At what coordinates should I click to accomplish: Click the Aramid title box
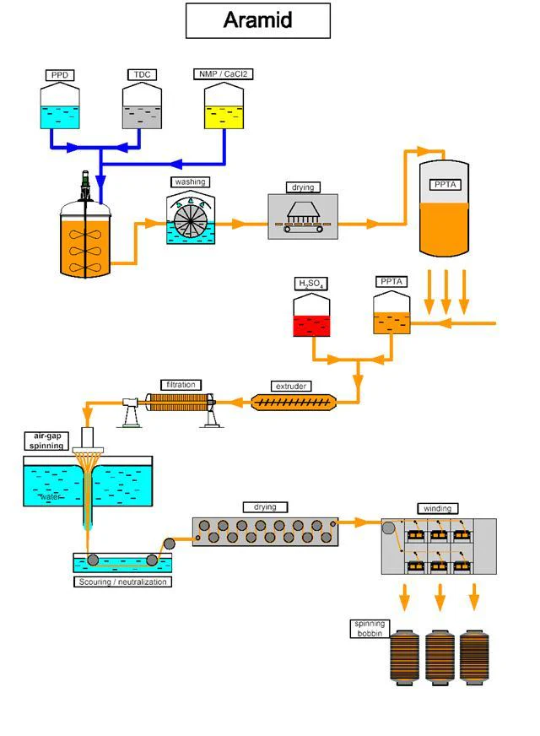(257, 20)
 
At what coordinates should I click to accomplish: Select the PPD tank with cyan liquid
(61, 107)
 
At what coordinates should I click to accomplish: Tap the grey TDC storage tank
(142, 107)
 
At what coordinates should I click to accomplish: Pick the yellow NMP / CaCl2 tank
(224, 107)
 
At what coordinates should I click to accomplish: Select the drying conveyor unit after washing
(302, 218)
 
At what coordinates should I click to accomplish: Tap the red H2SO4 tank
(311, 316)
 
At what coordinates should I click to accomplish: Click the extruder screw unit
(292, 403)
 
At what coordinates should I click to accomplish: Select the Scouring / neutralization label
(123, 582)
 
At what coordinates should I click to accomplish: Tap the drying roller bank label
(264, 507)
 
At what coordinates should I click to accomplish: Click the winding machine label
(437, 508)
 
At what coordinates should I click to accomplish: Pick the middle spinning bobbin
(440, 658)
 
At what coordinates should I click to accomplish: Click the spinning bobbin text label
(369, 628)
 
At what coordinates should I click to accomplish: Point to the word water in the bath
(52, 497)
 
